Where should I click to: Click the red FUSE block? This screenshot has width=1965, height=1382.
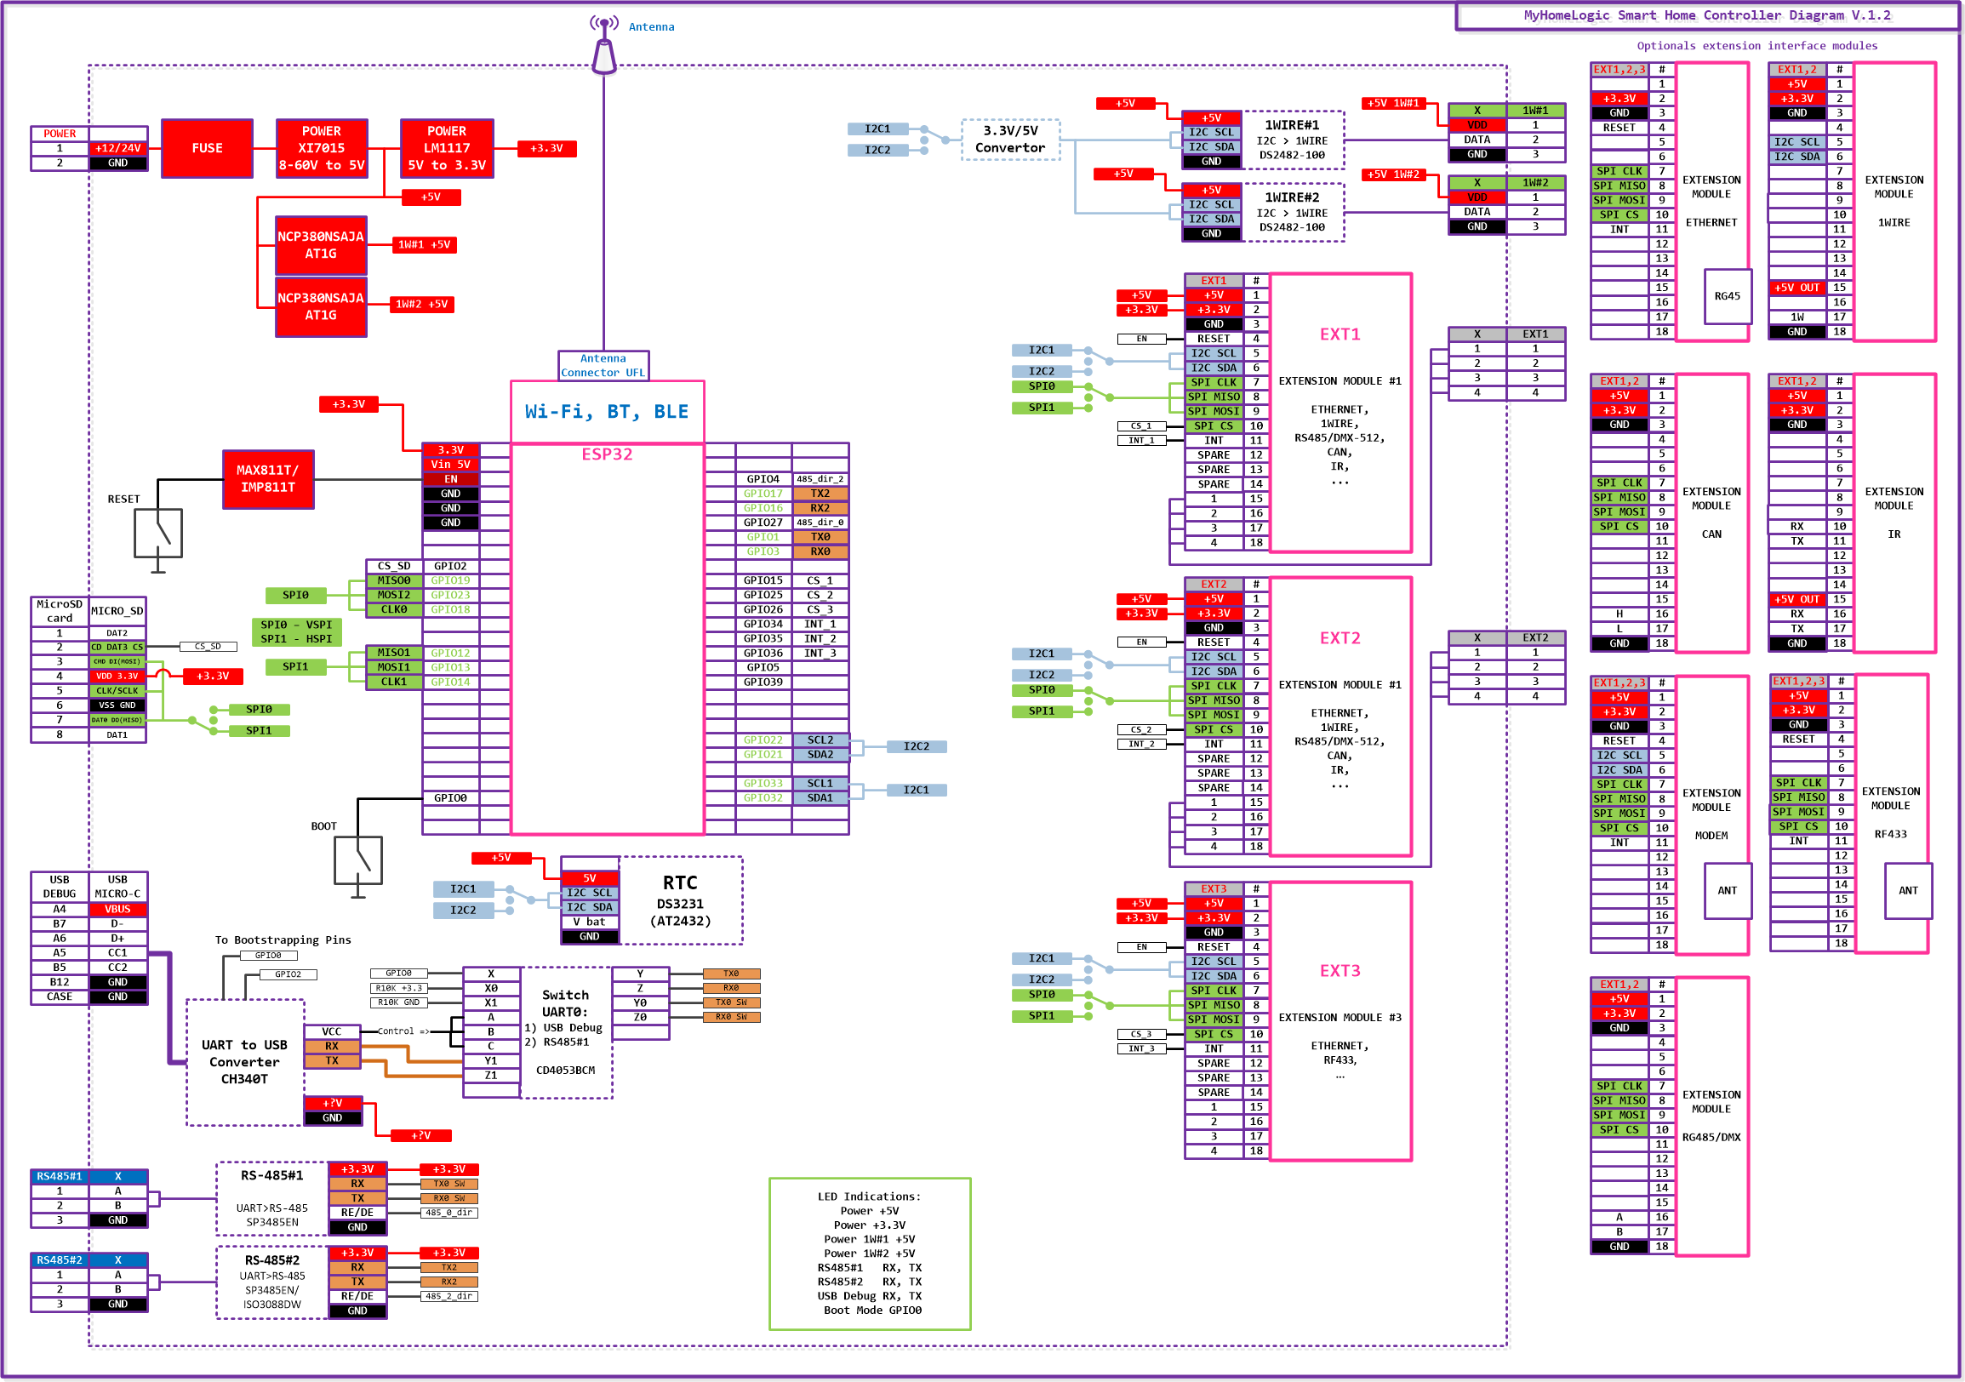tap(207, 148)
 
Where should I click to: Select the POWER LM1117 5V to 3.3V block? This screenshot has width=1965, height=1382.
tap(447, 148)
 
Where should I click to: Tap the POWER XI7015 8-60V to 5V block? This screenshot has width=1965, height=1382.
tap(321, 148)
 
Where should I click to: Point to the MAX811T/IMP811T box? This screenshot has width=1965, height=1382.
tap(268, 479)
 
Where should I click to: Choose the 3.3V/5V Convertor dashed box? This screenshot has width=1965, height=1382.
tap(1010, 140)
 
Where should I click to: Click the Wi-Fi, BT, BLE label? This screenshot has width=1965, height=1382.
tap(607, 412)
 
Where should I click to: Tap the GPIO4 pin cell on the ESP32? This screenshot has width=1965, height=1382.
tap(763, 479)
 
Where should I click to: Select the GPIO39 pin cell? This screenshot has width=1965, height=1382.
tap(763, 682)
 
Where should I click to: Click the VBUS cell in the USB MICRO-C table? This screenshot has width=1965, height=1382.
tap(118, 910)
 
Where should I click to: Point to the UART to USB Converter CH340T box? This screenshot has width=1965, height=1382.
tap(245, 1062)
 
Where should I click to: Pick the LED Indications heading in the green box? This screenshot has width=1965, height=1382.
tap(869, 1196)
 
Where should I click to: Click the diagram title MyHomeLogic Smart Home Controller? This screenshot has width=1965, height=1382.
tap(1706, 15)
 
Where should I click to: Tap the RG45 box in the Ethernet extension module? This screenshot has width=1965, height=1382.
tap(1727, 296)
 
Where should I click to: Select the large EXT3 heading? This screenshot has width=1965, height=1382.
tap(1340, 970)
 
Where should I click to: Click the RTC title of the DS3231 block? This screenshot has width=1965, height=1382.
tap(679, 883)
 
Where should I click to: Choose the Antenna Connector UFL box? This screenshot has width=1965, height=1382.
tap(603, 365)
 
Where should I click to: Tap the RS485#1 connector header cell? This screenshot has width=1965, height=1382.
tap(59, 1177)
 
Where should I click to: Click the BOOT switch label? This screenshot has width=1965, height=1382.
tap(323, 826)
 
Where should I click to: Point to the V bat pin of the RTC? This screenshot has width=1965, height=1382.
tap(590, 922)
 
